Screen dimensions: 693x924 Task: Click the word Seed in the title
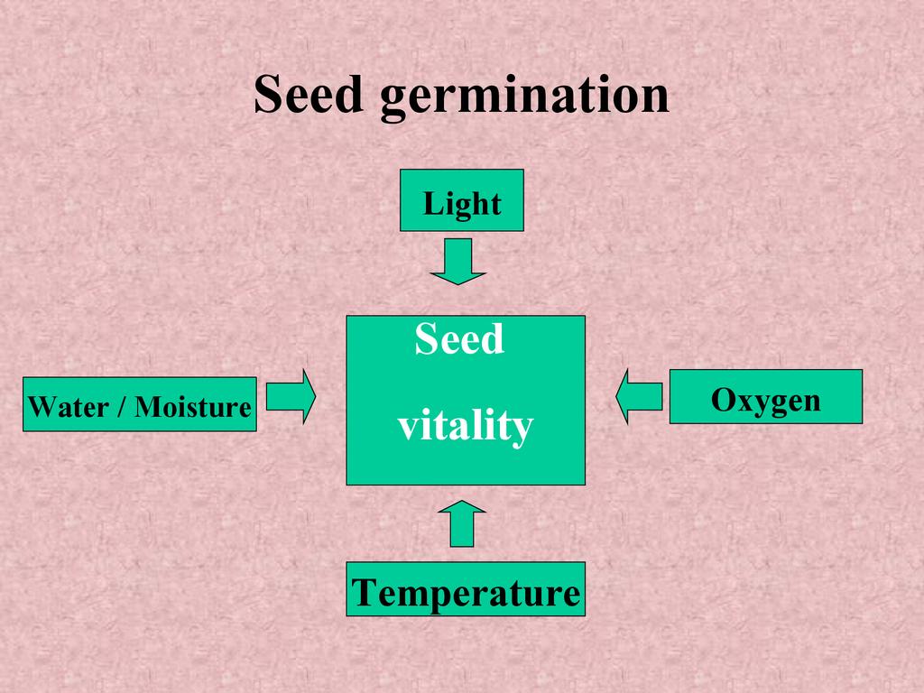pyautogui.click(x=307, y=95)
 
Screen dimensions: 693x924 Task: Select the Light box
pyautogui.click(x=461, y=200)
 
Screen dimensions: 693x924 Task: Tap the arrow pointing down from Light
pyautogui.click(x=458, y=261)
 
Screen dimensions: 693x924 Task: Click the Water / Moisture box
pyautogui.click(x=139, y=404)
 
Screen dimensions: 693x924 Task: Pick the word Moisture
pyautogui.click(x=192, y=407)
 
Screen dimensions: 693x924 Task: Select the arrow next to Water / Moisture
pyautogui.click(x=291, y=396)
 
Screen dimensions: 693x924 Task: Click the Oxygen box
pyautogui.click(x=765, y=397)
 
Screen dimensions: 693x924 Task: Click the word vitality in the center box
pyautogui.click(x=465, y=426)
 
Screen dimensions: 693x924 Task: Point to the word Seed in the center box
pyautogui.click(x=459, y=340)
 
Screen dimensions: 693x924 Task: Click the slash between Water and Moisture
pyautogui.click(x=120, y=407)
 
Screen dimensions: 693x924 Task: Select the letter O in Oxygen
pyautogui.click(x=722, y=399)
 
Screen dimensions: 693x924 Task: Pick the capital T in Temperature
pyautogui.click(x=364, y=593)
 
